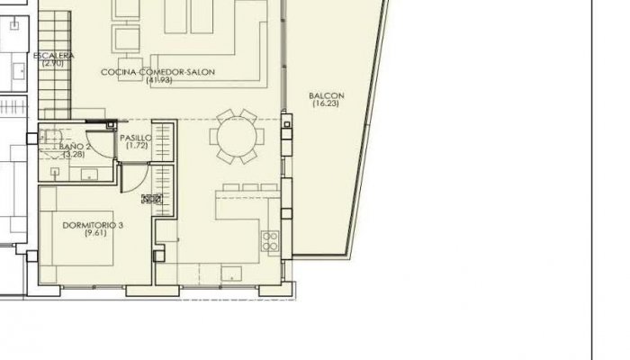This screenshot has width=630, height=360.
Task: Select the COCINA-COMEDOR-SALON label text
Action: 158,72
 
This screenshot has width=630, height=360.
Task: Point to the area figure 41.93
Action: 158,80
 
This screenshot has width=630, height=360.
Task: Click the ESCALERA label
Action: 53,56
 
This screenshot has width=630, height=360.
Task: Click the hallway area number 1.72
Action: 137,146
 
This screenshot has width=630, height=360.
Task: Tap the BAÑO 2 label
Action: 75,146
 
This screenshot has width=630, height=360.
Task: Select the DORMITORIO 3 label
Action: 93,225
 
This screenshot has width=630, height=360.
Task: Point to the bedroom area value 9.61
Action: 93,233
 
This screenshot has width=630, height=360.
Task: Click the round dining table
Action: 238,137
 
